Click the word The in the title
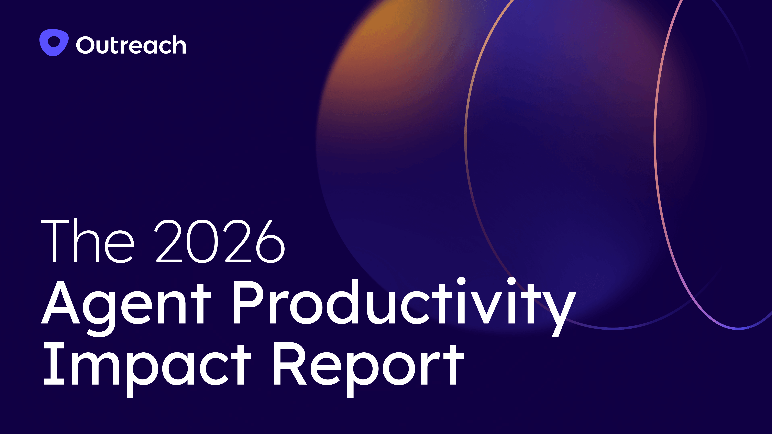(x=87, y=241)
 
